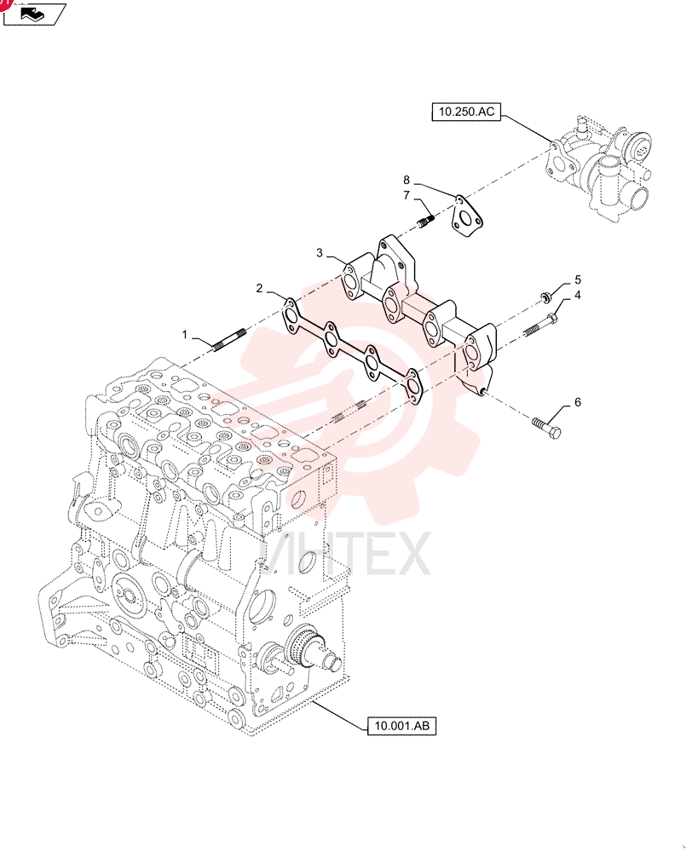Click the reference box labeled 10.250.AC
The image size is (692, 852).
point(466,112)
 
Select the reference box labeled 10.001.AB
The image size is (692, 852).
point(401,725)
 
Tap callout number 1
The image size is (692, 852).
point(184,335)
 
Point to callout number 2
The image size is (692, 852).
point(260,288)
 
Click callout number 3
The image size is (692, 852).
point(320,253)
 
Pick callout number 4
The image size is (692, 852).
point(577,295)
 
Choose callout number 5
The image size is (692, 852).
point(577,279)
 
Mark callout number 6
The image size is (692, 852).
point(577,402)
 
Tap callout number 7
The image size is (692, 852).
point(406,195)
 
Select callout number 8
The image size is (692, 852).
point(406,180)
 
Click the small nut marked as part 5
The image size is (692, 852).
point(544,296)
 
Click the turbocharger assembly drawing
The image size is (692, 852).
point(598,169)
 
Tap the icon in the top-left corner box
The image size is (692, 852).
point(35,14)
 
